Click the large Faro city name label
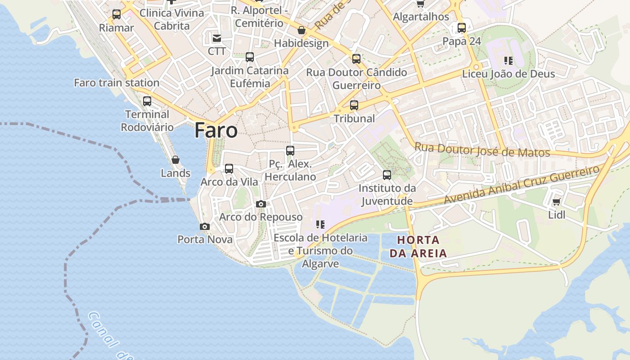[216, 130]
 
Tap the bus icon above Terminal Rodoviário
[147, 101]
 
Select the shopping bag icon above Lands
[175, 160]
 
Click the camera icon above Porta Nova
[205, 226]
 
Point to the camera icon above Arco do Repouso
[261, 204]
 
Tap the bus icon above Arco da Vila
[229, 169]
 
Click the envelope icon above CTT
[217, 38]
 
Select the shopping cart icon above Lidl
[556, 202]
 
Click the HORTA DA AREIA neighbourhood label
[418, 246]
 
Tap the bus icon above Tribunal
[354, 105]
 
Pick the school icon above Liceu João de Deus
[508, 60]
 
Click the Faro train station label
[117, 83]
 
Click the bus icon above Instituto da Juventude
[387, 175]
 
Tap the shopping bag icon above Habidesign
[301, 30]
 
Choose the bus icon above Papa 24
[462, 28]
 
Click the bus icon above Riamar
[117, 14]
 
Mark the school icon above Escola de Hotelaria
[320, 224]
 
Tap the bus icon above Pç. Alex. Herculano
[290, 151]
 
